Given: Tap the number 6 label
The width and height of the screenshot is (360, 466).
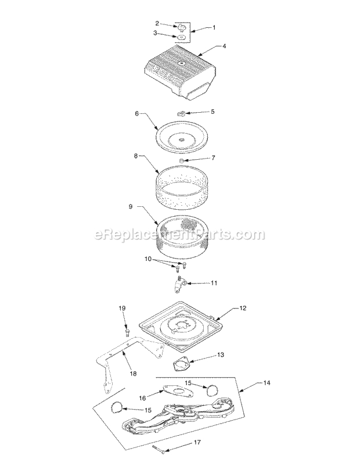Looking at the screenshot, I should [x=136, y=114].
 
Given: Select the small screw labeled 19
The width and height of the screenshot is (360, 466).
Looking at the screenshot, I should [x=126, y=332].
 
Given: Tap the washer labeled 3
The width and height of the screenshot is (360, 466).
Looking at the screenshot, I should [x=181, y=37].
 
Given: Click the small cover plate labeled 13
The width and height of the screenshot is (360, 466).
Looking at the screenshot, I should [x=182, y=367].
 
